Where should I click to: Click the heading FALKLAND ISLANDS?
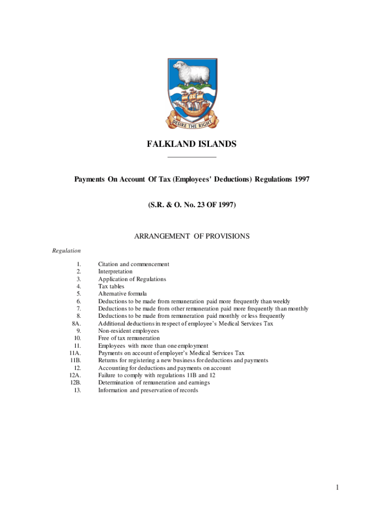click(x=192, y=144)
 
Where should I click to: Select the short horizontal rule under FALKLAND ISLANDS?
click(x=192, y=157)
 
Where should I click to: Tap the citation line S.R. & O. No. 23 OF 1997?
click(x=192, y=204)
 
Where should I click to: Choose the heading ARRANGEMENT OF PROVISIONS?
click(x=192, y=236)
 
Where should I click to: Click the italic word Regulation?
click(x=66, y=251)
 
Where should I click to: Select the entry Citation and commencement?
click(x=134, y=264)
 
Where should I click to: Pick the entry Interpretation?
click(x=115, y=272)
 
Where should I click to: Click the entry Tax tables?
click(x=111, y=286)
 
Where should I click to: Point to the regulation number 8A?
click(x=77, y=324)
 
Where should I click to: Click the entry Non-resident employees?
click(x=129, y=331)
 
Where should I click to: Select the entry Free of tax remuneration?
click(x=129, y=338)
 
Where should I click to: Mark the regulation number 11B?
click(x=76, y=361)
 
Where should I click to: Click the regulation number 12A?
click(x=75, y=376)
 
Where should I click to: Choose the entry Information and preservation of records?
click(x=148, y=390)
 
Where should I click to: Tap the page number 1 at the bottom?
click(x=338, y=487)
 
